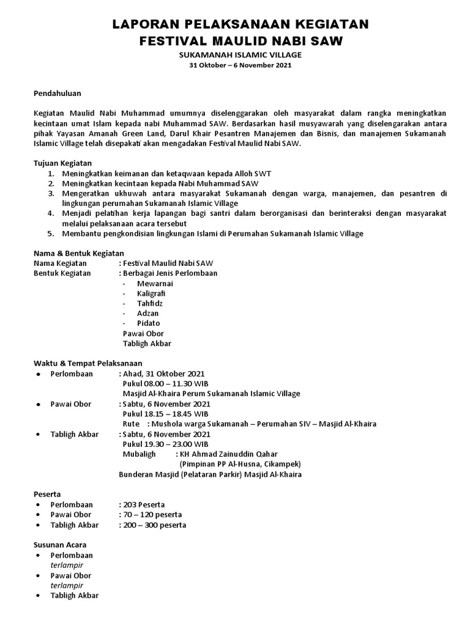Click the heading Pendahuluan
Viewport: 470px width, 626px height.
57,94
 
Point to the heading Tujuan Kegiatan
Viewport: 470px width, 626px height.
62,163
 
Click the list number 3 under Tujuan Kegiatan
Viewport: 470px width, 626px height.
51,193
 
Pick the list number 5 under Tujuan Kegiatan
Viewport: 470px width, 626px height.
51,234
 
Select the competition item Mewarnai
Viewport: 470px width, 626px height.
155,284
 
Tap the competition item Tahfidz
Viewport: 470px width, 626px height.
151,303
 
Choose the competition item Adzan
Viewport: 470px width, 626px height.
148,313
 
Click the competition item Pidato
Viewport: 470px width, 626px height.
149,323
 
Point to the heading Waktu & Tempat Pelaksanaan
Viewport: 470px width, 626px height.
83,363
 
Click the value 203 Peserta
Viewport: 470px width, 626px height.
143,504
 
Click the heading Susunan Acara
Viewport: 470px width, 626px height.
59,545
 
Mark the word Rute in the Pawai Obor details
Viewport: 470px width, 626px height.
132,424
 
